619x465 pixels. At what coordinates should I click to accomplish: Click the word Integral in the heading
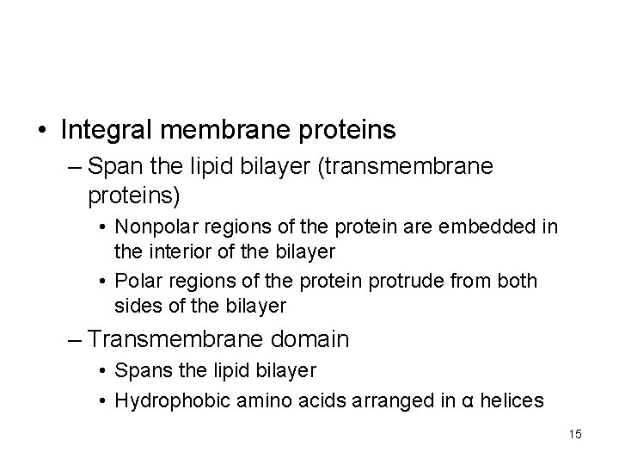click(x=106, y=130)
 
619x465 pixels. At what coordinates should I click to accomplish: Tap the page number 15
click(x=574, y=434)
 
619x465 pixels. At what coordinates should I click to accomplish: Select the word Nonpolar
click(x=156, y=227)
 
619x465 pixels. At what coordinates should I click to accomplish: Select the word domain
click(x=306, y=339)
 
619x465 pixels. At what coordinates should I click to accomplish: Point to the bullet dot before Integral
click(x=42, y=131)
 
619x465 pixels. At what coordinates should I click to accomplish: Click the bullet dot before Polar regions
click(x=103, y=282)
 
